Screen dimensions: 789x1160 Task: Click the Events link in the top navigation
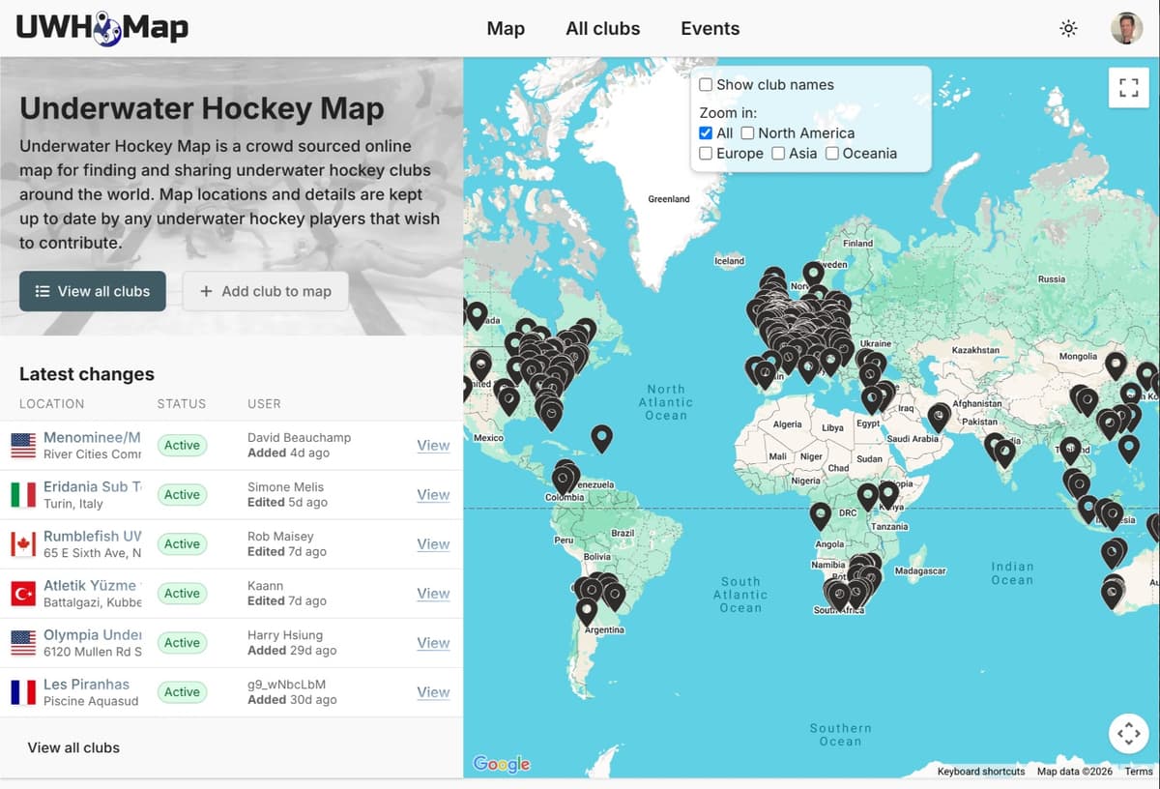(x=710, y=28)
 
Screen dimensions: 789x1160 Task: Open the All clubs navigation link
(x=602, y=28)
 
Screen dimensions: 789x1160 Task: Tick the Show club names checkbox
(x=706, y=85)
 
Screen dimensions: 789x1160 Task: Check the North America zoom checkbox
(x=747, y=133)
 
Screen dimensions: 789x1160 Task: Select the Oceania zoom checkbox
(x=831, y=154)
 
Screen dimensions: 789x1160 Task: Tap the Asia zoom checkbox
(x=778, y=154)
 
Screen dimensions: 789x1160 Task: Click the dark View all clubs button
(x=93, y=291)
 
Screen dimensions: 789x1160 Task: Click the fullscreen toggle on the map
(x=1128, y=88)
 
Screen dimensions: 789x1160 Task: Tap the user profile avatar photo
(x=1126, y=28)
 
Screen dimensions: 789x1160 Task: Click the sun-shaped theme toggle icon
(x=1068, y=28)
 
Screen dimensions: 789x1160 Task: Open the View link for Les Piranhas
(x=433, y=692)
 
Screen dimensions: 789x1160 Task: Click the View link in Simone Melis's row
(x=433, y=495)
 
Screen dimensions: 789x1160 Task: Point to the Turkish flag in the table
(x=23, y=594)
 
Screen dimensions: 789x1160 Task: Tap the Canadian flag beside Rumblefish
(x=23, y=544)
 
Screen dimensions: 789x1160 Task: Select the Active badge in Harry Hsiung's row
(x=182, y=643)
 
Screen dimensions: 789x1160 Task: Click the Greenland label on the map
(x=669, y=199)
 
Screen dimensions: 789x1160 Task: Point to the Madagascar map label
(x=919, y=571)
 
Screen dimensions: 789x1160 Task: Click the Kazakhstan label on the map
(x=975, y=350)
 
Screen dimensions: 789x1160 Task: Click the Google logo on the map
(x=502, y=764)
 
